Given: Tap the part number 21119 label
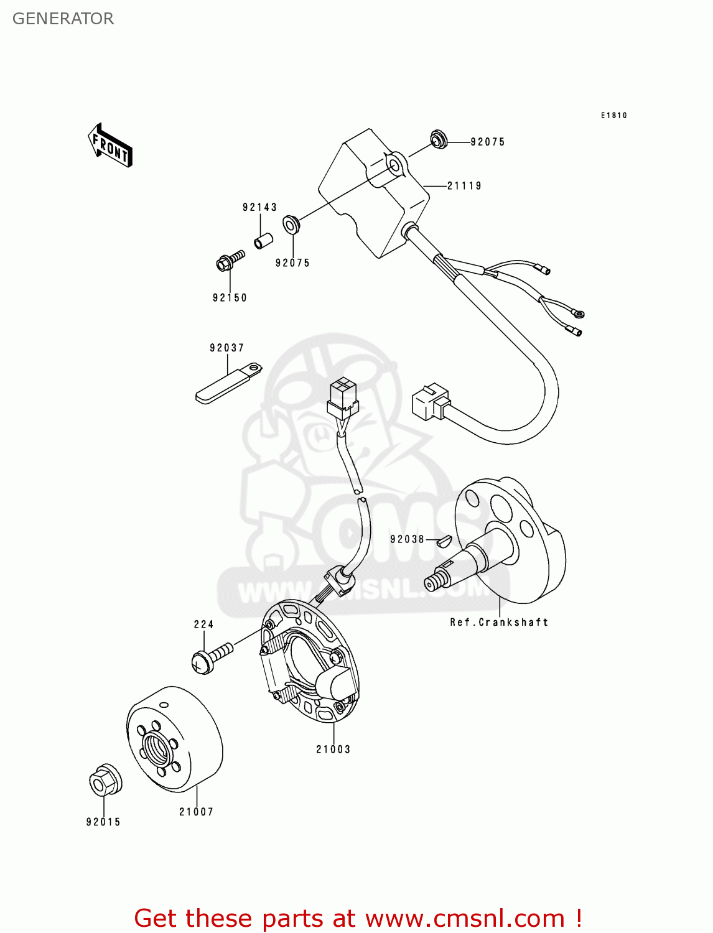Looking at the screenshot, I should [x=464, y=185].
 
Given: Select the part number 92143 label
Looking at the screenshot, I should [x=259, y=207].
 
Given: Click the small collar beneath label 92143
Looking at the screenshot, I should [x=263, y=240].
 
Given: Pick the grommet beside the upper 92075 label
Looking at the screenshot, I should [x=439, y=139].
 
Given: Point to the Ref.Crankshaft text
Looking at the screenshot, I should [x=499, y=622].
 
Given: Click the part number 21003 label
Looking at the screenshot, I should [x=333, y=750].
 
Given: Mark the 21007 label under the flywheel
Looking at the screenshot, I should [x=196, y=812].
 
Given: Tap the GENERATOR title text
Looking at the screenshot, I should [x=63, y=19].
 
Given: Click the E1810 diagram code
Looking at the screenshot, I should [x=613, y=116].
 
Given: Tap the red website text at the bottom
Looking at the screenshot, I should [x=358, y=918].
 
